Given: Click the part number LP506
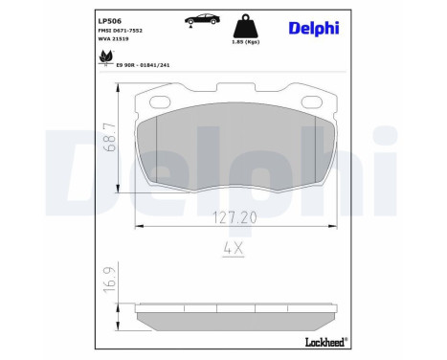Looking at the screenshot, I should point(110,18).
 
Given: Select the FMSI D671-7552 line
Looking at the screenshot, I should point(120,31).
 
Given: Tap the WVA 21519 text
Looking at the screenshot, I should point(115,40).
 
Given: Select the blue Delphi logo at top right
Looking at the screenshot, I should point(315,27).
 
